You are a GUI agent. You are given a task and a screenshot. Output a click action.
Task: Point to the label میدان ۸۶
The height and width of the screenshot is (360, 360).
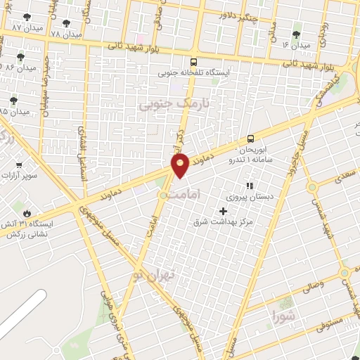pyautogui.click(x=20, y=67)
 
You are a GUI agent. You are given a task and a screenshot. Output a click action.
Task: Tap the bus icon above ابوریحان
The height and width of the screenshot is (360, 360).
pyautogui.click(x=251, y=139)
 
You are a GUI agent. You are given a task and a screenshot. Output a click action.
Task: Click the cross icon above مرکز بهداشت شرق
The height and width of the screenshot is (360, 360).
pyautogui.click(x=224, y=210)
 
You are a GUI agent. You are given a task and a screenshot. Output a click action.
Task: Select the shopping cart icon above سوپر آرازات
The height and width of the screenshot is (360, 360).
pyautogui.click(x=19, y=167)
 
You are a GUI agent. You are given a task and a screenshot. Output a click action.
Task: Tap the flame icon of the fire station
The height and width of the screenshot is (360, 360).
pyautogui.click(x=27, y=212)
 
